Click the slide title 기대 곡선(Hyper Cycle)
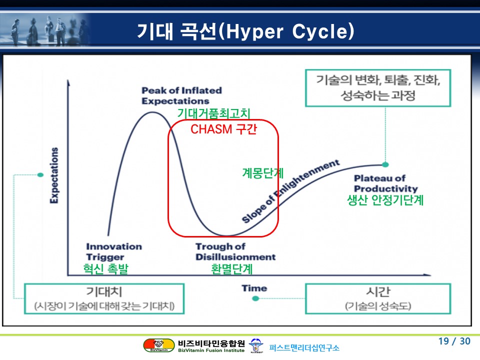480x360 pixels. pos(245,31)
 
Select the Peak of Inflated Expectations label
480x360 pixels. pos(182,96)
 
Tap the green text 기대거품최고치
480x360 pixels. pos(213,113)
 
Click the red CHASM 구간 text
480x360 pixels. pos(224,129)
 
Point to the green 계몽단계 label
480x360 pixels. pos(263,173)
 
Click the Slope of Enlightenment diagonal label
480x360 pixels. pos(290,191)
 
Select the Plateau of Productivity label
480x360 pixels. pos(385,183)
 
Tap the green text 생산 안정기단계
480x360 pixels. pos(385,200)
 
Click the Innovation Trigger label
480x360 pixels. pos(114,251)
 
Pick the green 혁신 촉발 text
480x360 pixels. pos(105,269)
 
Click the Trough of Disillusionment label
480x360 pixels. pos(235,251)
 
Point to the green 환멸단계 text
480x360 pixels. pos(231,269)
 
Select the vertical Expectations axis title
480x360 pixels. pos(54,175)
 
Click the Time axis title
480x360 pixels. pos(254,288)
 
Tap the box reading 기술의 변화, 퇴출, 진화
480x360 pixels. pos(378,88)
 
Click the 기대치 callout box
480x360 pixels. pos(104,299)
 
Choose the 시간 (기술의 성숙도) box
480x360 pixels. pos(378,299)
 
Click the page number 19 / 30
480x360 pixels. pos(454,341)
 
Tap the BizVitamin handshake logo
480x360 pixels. pos(159,345)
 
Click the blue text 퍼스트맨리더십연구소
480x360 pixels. pos(304,348)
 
